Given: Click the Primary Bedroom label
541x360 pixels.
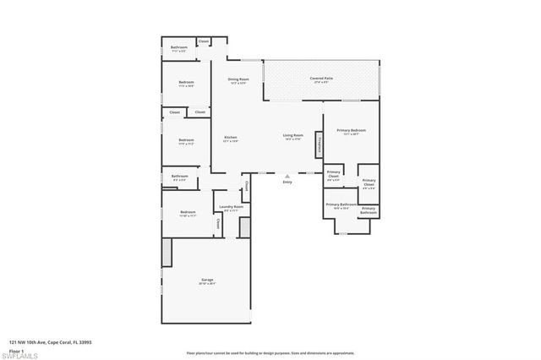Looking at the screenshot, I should [x=352, y=130].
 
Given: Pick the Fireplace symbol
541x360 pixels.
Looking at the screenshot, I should [x=319, y=144].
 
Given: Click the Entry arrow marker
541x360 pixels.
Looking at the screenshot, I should [x=287, y=176].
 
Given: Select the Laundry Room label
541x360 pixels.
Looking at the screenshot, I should [x=231, y=207].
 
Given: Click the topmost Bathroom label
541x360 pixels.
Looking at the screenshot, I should [x=179, y=47].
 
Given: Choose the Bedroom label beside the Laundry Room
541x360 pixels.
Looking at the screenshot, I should [x=188, y=213].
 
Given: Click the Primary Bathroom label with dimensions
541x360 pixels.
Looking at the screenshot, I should [x=339, y=205].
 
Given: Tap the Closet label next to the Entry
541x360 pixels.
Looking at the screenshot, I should [x=245, y=186].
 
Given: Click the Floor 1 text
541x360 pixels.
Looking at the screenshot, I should [x=16, y=350].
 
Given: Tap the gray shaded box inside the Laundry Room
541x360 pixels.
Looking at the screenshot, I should [x=245, y=226].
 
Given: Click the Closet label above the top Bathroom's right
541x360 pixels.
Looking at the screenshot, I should [x=204, y=41].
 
